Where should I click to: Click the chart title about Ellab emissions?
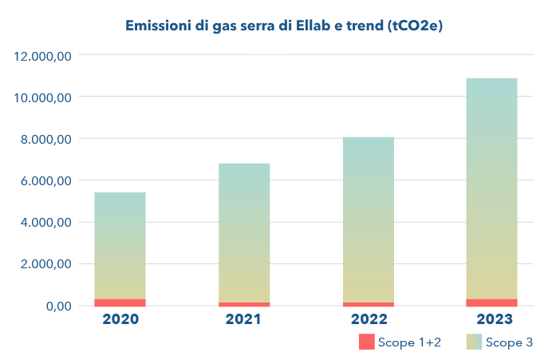pyautogui.click(x=284, y=26)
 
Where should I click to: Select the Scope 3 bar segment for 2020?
pyautogui.click(x=120, y=246)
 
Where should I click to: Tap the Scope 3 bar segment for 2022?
pyautogui.click(x=368, y=220)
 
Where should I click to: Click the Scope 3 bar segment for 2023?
pyautogui.click(x=491, y=188)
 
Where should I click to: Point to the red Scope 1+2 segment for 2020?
pyautogui.click(x=120, y=303)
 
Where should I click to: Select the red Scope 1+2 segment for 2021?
pyautogui.click(x=244, y=304)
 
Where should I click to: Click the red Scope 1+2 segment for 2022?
pyautogui.click(x=368, y=304)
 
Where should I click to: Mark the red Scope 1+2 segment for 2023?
pyautogui.click(x=491, y=303)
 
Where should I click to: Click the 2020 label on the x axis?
pyautogui.click(x=120, y=319)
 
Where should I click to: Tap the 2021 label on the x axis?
pyautogui.click(x=244, y=319)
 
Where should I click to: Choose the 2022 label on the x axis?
pyautogui.click(x=368, y=319)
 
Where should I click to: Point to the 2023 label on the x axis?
pyautogui.click(x=491, y=319)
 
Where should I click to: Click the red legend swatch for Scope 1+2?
pyautogui.click(x=366, y=342)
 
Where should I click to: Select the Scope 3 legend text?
pyautogui.click(x=508, y=342)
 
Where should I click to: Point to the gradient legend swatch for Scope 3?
pyautogui.click(x=474, y=342)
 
